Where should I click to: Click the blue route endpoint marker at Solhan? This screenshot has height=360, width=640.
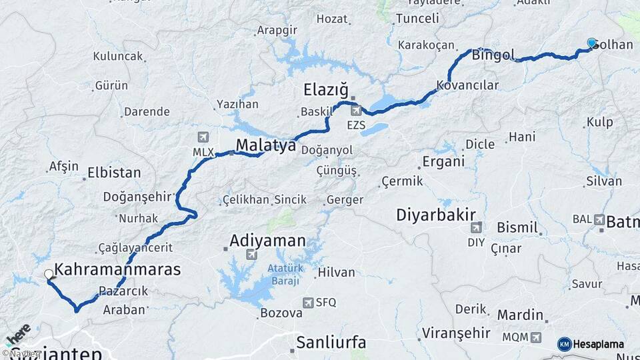click(591, 43)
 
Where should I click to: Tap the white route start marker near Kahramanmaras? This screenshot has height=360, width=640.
click(49, 274)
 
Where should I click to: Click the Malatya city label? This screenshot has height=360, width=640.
click(266, 145)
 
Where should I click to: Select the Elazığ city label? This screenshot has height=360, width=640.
click(326, 89)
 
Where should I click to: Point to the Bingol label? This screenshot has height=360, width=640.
click(493, 55)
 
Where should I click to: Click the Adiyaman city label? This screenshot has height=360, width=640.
click(267, 241)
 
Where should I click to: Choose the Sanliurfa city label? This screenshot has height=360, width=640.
click(331, 343)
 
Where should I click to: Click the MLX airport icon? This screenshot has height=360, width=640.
click(202, 137)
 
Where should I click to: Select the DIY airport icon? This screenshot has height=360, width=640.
click(476, 228)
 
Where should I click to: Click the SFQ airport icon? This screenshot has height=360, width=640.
click(307, 302)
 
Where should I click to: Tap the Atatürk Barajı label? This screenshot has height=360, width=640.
click(285, 274)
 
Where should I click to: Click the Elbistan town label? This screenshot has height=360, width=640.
click(114, 173)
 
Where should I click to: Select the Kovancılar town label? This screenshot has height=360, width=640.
click(467, 85)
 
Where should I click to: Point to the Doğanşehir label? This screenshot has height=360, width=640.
click(137, 197)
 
